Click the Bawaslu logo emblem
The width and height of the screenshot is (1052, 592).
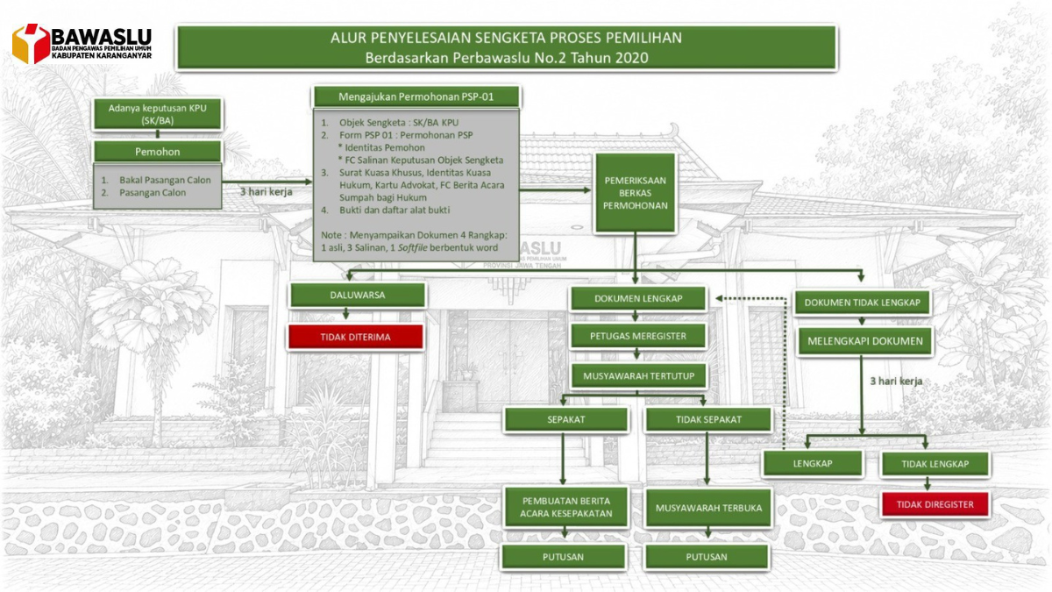(31, 43)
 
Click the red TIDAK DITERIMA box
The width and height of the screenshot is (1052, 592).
(356, 337)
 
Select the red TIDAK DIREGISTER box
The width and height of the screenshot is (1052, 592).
(935, 504)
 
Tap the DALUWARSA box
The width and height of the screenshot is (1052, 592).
(358, 295)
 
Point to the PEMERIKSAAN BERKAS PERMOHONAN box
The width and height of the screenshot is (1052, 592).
(635, 193)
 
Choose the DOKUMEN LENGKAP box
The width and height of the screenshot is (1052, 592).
(638, 298)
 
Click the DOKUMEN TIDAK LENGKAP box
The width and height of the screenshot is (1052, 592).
(863, 303)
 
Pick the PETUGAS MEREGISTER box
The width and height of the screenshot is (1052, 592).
(638, 336)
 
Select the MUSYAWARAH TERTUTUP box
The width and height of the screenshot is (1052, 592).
(639, 376)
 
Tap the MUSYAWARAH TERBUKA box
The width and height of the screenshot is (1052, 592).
(708, 508)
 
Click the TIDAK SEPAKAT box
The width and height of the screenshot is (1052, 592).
(708, 419)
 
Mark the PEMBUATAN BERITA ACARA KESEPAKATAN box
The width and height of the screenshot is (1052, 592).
(566, 507)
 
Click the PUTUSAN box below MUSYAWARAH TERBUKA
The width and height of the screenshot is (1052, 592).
(707, 557)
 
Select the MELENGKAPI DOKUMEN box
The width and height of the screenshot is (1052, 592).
(865, 341)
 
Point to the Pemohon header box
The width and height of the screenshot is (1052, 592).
(157, 152)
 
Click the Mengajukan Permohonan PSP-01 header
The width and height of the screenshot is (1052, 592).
(416, 96)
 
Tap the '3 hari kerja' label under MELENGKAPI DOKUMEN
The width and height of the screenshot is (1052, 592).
(896, 381)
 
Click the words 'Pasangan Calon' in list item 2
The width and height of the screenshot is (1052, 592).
(153, 193)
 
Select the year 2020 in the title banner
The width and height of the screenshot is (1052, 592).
(632, 58)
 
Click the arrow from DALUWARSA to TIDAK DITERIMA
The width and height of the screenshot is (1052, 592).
(346, 314)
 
